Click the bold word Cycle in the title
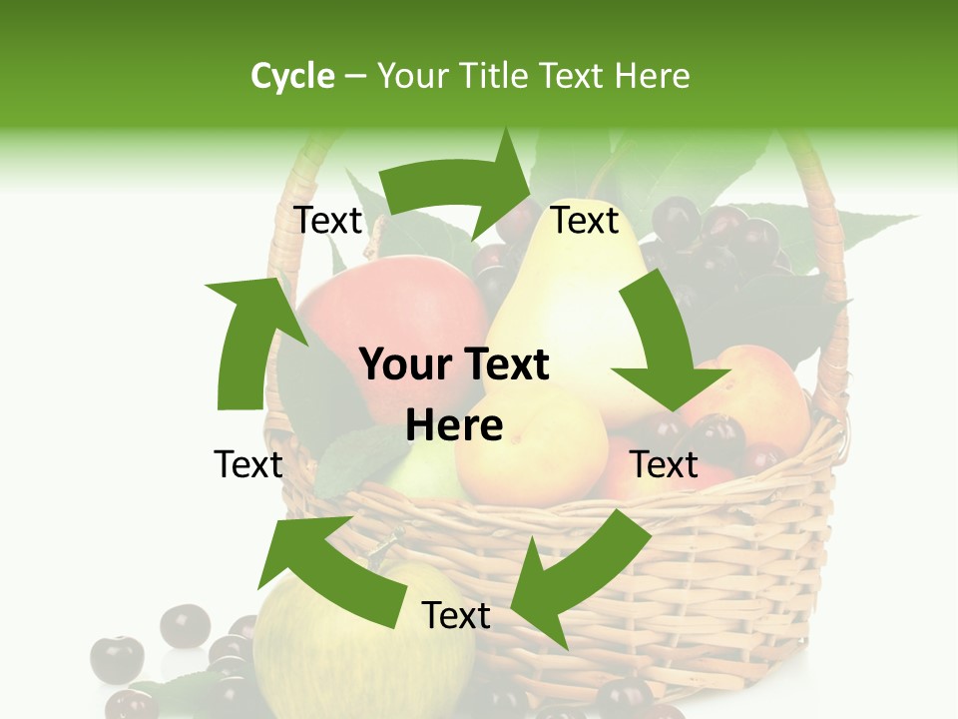point(292,76)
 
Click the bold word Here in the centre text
point(454,425)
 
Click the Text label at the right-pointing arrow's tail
point(327,221)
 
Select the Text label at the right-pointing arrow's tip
point(585,221)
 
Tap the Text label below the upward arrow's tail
point(248,464)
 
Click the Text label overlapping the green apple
point(456,615)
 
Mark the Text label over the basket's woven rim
point(665,464)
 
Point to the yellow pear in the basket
point(559,330)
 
